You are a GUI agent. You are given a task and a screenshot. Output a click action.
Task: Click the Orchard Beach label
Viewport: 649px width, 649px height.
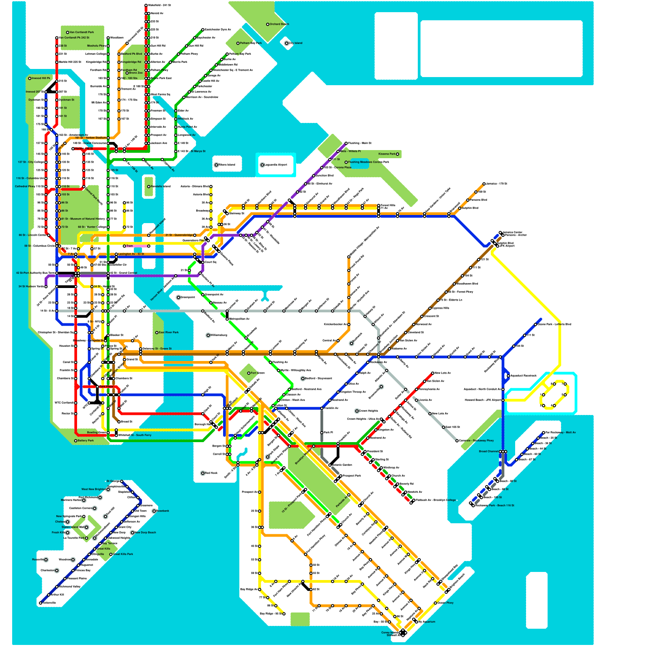tap(279, 24)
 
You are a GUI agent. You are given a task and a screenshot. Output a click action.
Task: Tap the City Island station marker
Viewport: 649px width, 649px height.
tap(287, 43)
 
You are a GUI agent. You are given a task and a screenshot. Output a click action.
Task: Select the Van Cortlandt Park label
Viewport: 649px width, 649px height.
tap(82, 32)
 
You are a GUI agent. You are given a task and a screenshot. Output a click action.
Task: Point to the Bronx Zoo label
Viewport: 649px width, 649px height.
tap(136, 73)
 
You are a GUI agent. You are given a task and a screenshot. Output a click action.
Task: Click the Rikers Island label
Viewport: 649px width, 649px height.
tap(227, 165)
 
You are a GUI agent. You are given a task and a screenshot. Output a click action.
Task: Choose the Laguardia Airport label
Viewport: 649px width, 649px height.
tap(276, 165)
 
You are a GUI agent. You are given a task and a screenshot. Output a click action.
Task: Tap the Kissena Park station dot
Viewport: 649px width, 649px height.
tap(398, 154)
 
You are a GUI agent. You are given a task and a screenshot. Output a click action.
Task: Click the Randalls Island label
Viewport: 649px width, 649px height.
tap(161, 187)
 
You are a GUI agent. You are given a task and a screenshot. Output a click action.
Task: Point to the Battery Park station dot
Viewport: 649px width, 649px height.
tap(75, 441)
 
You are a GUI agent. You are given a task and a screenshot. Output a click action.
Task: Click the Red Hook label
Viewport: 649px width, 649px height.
tap(211, 473)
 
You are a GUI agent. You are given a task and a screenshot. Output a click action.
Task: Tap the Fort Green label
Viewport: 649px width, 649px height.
tap(258, 373)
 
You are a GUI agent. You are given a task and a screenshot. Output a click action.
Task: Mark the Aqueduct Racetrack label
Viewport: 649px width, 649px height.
tap(523, 376)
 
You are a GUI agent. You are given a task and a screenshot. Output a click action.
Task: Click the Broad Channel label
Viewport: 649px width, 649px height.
tap(488, 451)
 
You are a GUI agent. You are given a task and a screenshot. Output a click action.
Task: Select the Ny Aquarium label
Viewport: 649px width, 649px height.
tap(426, 622)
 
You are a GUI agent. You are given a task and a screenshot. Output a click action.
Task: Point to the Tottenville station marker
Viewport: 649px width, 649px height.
tap(41, 603)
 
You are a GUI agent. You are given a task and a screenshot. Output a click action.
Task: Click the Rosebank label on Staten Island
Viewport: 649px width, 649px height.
tap(163, 511)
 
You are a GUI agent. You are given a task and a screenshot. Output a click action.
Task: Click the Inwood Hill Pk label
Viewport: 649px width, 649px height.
tap(41, 78)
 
